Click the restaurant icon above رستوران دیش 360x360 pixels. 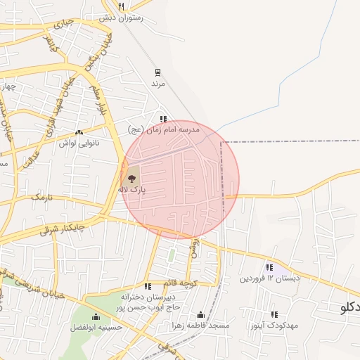tap(122, 6)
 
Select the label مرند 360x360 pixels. tap(157, 83)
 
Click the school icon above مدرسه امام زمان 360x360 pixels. tap(164, 119)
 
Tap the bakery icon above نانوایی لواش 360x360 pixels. tap(79, 131)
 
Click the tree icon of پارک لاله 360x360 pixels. tap(132, 178)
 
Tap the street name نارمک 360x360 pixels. tap(41, 199)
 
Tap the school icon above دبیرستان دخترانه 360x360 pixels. tap(148, 286)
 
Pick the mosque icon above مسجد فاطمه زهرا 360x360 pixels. tap(200, 315)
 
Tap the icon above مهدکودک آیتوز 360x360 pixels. tap(274, 314)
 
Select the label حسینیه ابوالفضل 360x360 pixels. tap(96, 327)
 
